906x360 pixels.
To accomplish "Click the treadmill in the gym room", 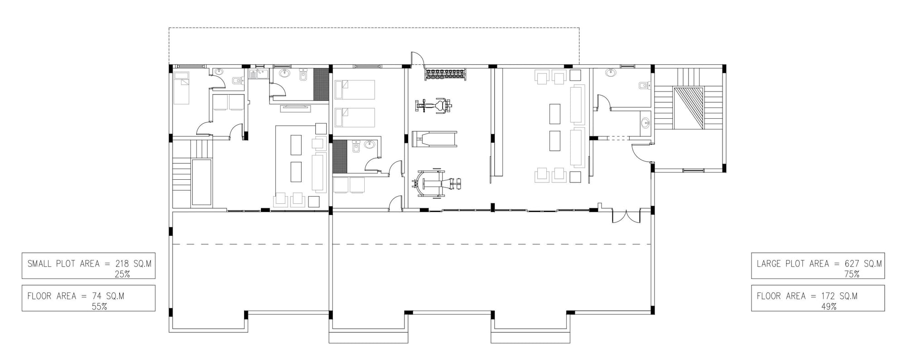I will [434, 139].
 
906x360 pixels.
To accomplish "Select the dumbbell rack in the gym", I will [444, 73].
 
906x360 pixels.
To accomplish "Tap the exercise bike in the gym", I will [434, 106].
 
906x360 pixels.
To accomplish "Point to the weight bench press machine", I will [436, 183].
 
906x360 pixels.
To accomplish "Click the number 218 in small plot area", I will [122, 264].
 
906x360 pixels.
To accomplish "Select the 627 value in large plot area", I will [852, 264].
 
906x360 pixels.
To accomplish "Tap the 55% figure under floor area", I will [99, 307].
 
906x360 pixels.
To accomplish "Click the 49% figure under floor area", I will [829, 307].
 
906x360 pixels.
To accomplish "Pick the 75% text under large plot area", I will [852, 274].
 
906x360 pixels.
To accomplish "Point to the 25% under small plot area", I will [122, 274].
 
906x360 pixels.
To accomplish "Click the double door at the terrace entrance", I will [626, 216].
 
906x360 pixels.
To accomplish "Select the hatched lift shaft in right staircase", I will [689, 109].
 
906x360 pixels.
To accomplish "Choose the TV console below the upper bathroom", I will [295, 108].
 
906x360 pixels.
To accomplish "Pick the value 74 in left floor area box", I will [96, 296].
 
